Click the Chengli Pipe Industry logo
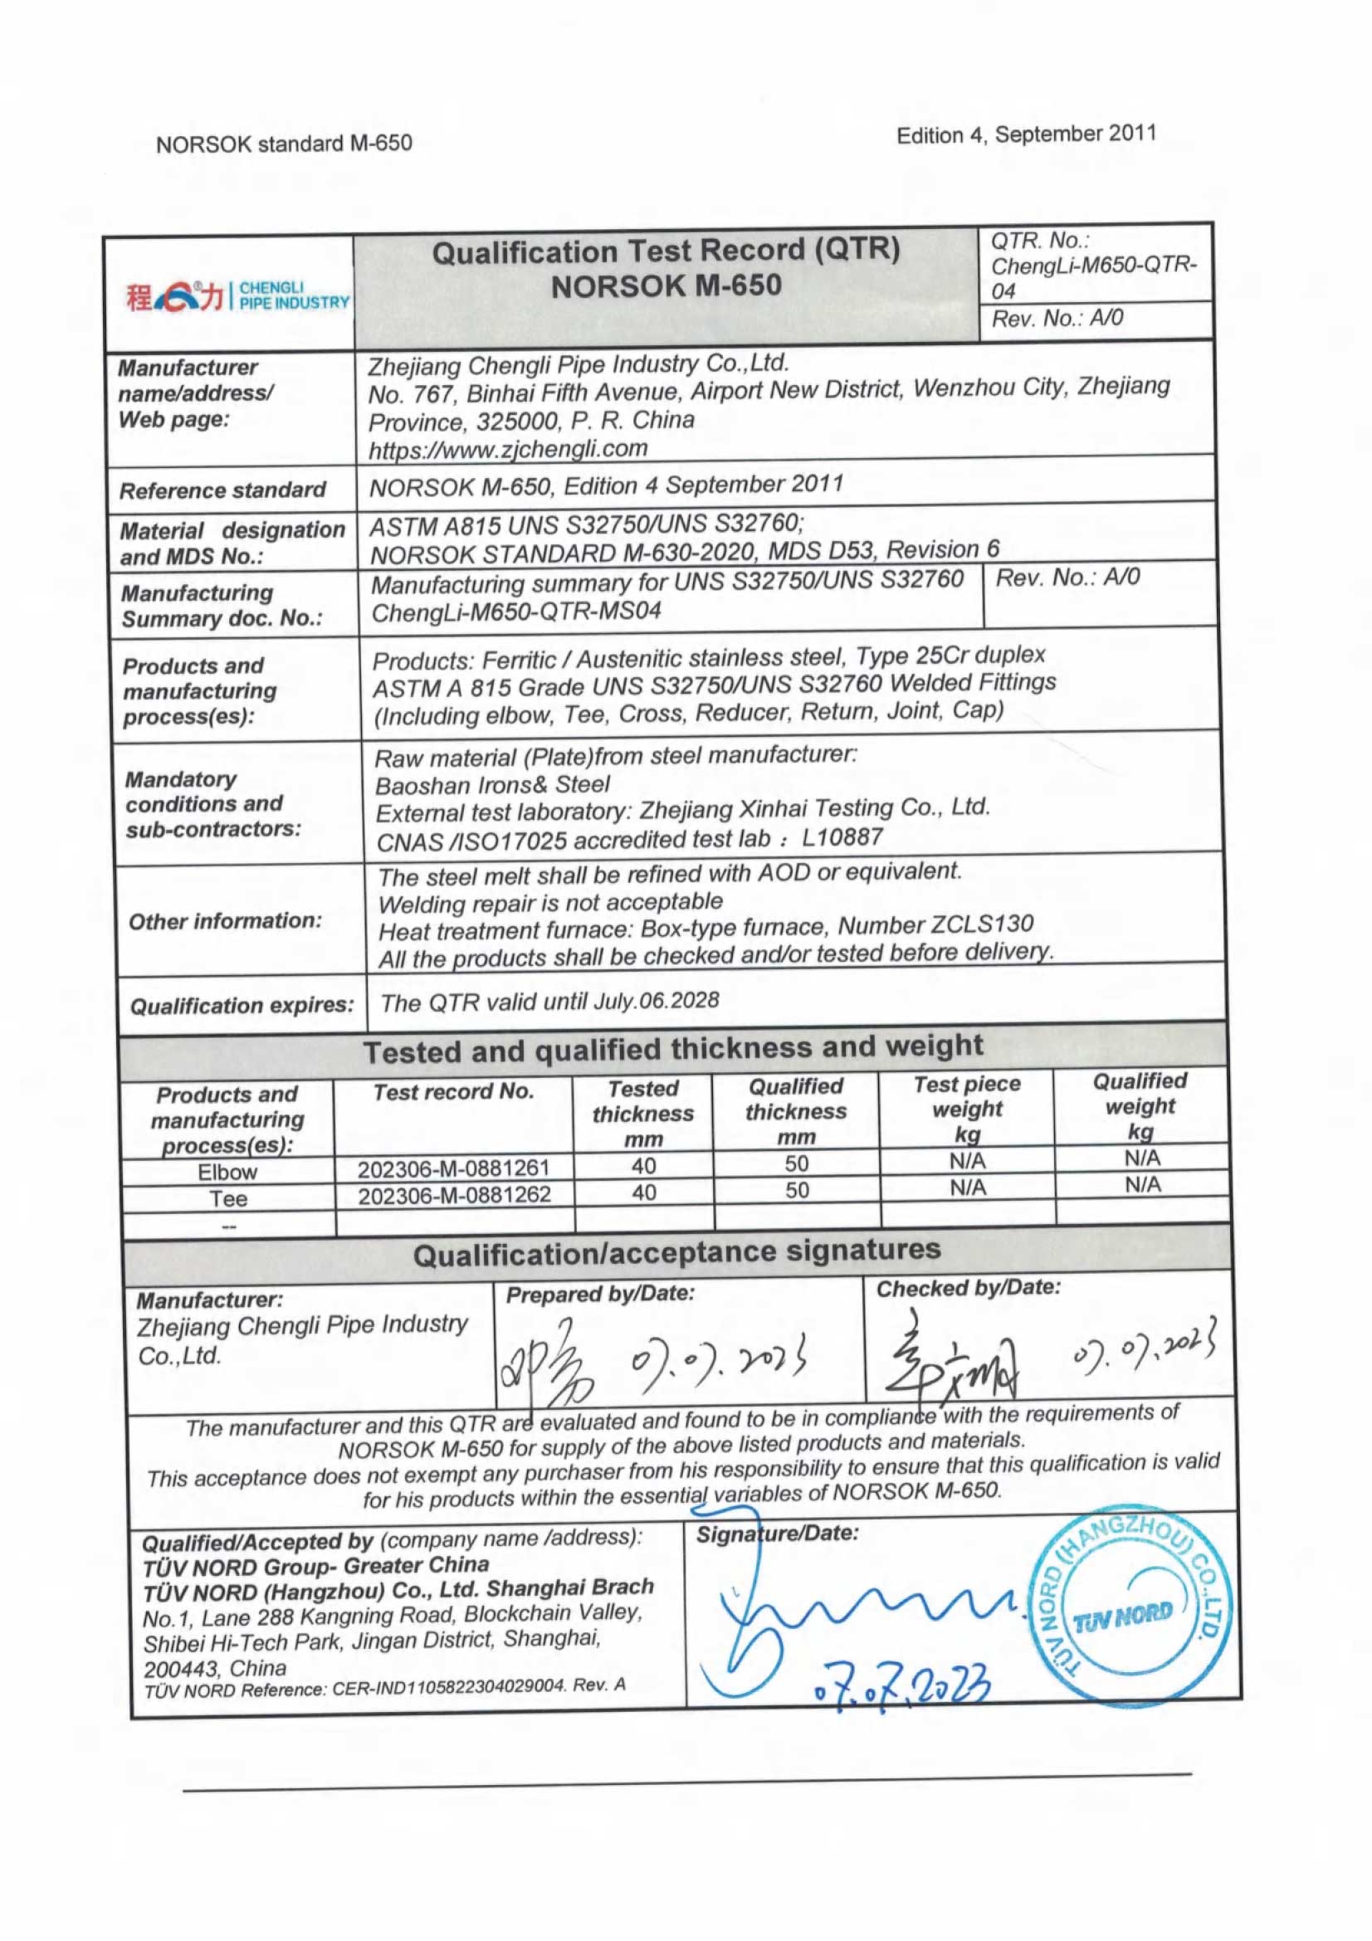237,296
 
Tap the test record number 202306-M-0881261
453,1169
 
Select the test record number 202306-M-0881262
454,1195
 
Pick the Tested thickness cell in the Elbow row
643,1167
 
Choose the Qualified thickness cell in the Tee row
796,1190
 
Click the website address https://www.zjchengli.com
508,449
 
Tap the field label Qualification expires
242,1006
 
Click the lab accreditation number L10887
842,838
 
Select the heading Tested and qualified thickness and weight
673,1049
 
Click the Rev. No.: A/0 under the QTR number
1057,319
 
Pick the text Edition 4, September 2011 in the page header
1026,134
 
